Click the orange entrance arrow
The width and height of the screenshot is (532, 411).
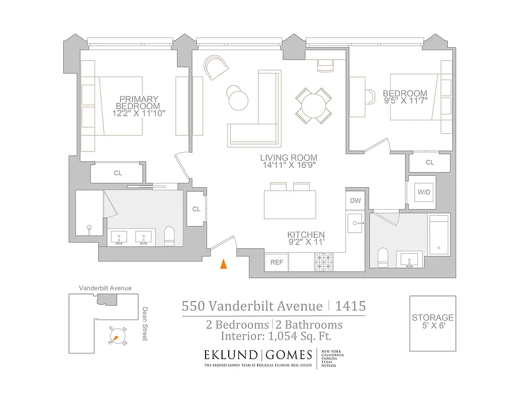(223, 264)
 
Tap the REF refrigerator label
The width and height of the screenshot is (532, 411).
(277, 262)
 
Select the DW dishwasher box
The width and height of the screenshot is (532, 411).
(355, 201)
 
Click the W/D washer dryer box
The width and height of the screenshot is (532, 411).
(424, 193)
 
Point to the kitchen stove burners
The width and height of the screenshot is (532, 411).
(324, 262)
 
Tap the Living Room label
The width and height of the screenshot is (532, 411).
(288, 158)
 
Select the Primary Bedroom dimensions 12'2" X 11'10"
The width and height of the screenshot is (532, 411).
(138, 113)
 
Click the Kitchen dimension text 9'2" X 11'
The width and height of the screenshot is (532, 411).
(306, 242)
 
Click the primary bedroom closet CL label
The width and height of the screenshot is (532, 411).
(118, 173)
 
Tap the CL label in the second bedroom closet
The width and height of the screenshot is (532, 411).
(430, 163)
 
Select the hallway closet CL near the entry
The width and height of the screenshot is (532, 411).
(196, 209)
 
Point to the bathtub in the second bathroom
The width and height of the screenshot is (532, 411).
(439, 234)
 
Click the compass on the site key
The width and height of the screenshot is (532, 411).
(117, 337)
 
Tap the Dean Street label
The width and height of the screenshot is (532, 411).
(145, 324)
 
